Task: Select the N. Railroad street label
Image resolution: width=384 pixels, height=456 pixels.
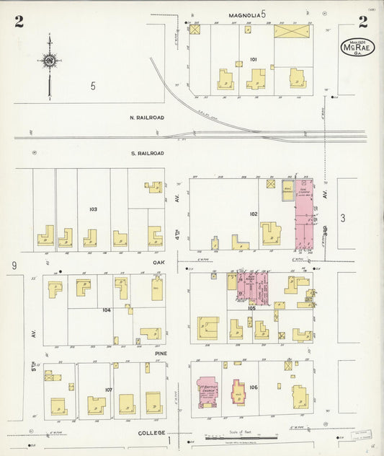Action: coord(147,117)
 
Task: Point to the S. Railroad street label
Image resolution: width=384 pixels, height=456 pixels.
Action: coord(147,153)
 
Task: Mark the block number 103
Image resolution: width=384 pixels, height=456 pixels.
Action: coord(93,209)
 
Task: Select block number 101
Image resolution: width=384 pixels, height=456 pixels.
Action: coord(254,59)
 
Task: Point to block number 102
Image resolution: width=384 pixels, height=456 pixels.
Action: coord(253,214)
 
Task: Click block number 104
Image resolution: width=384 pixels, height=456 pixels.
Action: coord(106,310)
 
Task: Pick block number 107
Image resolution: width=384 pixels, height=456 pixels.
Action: coord(108,390)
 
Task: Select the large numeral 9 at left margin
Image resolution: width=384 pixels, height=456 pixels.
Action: coord(14,266)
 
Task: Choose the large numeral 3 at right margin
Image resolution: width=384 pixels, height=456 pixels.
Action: coord(344,217)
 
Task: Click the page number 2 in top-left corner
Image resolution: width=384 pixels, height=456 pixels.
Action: coord(19,22)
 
